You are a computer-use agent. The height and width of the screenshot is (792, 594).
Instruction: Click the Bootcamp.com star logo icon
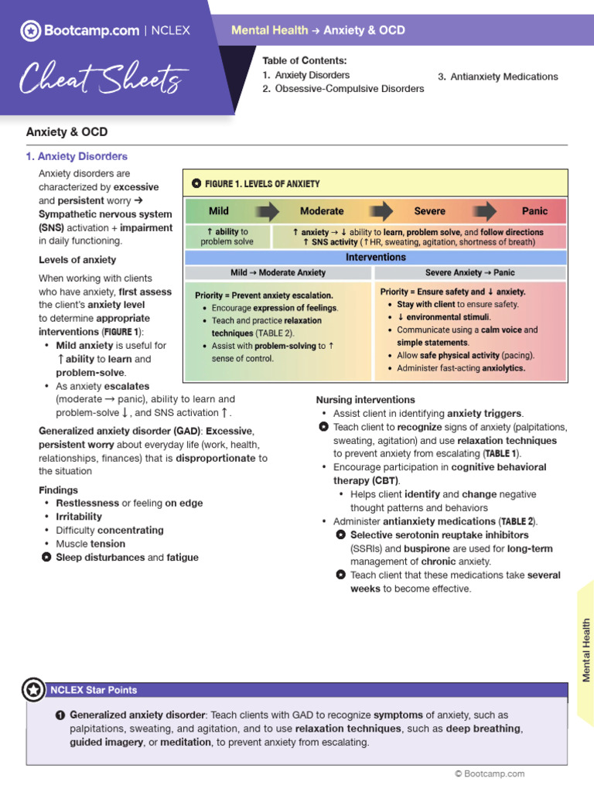31,31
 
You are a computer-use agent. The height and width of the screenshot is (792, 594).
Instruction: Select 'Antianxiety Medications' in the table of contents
497,77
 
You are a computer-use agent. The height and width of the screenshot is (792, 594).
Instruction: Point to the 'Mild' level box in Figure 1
219,211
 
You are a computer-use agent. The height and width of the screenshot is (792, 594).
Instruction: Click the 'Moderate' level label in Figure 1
322,211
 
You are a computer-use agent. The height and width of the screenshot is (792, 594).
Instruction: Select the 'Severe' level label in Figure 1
429,211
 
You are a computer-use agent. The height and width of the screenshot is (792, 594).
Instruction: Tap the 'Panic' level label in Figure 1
534,211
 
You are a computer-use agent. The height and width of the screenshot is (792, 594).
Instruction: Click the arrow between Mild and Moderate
267,211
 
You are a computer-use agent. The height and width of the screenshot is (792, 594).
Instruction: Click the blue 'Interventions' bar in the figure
376,257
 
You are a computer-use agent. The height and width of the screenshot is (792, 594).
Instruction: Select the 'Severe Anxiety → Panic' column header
470,273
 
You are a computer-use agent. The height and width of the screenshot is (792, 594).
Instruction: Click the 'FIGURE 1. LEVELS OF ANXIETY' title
255,184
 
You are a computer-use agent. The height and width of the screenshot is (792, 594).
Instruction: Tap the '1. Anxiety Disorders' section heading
77,156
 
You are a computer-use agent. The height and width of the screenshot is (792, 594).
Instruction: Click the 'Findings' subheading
58,490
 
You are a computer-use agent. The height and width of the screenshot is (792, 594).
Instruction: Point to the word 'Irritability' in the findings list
79,517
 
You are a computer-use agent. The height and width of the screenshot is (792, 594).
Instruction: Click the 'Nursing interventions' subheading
365,400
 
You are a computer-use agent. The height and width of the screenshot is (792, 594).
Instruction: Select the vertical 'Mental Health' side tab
586,650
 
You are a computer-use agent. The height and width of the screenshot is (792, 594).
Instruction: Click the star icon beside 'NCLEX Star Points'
33,690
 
